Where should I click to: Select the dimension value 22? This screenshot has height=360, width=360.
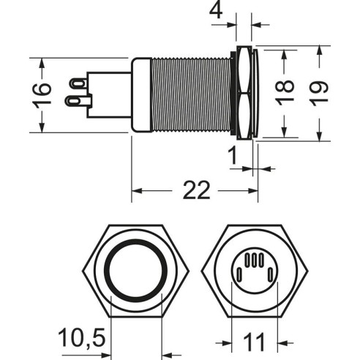point(196,190)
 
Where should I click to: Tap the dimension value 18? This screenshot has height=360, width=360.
point(285,93)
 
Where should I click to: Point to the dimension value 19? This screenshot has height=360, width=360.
point(320,93)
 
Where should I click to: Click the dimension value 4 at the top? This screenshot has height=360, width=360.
point(217,10)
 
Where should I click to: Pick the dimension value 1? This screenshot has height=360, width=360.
point(233,156)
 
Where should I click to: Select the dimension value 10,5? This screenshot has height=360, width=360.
point(82,338)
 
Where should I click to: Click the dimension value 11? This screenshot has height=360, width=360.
point(254,342)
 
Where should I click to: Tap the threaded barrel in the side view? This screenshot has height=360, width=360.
point(190,94)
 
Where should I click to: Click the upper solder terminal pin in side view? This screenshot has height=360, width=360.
point(78,83)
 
